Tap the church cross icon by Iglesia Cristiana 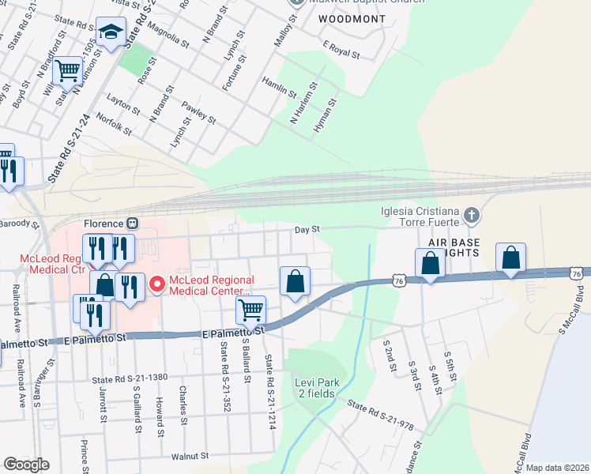[x=471, y=215]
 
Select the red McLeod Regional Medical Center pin [x=156, y=284]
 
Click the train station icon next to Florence [x=133, y=224]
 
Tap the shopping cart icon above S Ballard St [x=250, y=309]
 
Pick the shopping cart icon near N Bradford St [x=68, y=71]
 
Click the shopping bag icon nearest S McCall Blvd [x=511, y=258]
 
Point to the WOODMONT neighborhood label [x=352, y=18]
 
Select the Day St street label [x=307, y=229]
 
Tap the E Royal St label [x=341, y=51]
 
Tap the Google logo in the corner [x=27, y=465]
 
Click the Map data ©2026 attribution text [x=557, y=468]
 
